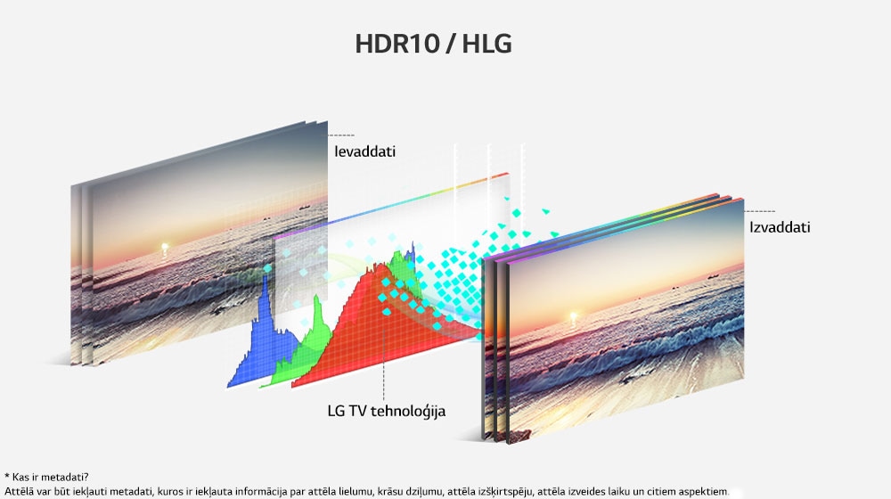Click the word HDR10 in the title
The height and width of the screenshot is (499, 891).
396,44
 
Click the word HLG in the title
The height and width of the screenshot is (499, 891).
486,44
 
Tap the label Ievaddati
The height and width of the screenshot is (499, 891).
364,151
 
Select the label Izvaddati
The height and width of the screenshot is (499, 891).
780,227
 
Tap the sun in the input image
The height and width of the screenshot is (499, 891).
165,247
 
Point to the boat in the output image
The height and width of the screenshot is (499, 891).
713,276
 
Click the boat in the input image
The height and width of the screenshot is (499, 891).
305,207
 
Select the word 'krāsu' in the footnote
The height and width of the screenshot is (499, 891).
390,491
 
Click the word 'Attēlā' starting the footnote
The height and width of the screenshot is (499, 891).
18,491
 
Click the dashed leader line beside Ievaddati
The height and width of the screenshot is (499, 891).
341,135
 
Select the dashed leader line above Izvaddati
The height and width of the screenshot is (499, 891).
759,211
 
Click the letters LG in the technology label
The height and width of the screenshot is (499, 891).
335,411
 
